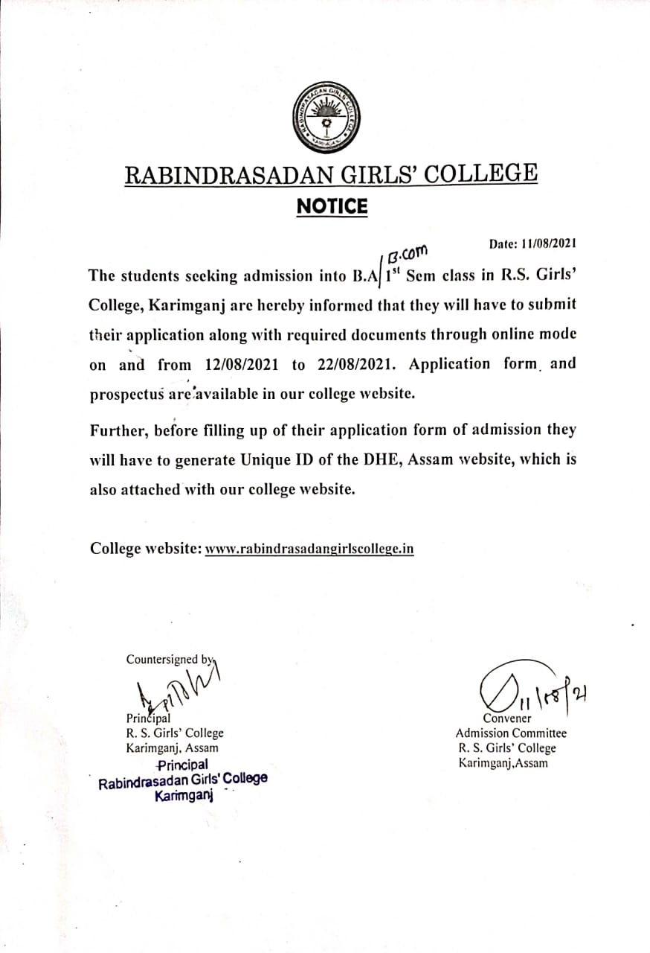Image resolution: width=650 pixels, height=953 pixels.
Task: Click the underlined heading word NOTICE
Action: (x=332, y=206)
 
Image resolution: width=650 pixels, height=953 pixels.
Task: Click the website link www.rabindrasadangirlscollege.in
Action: (x=309, y=549)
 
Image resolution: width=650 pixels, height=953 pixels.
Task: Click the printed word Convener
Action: (x=507, y=718)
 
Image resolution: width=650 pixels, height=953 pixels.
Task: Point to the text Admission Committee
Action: (x=511, y=733)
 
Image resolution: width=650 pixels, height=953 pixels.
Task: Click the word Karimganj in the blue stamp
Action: (x=184, y=796)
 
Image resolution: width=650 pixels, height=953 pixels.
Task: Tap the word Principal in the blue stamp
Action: (x=183, y=765)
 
